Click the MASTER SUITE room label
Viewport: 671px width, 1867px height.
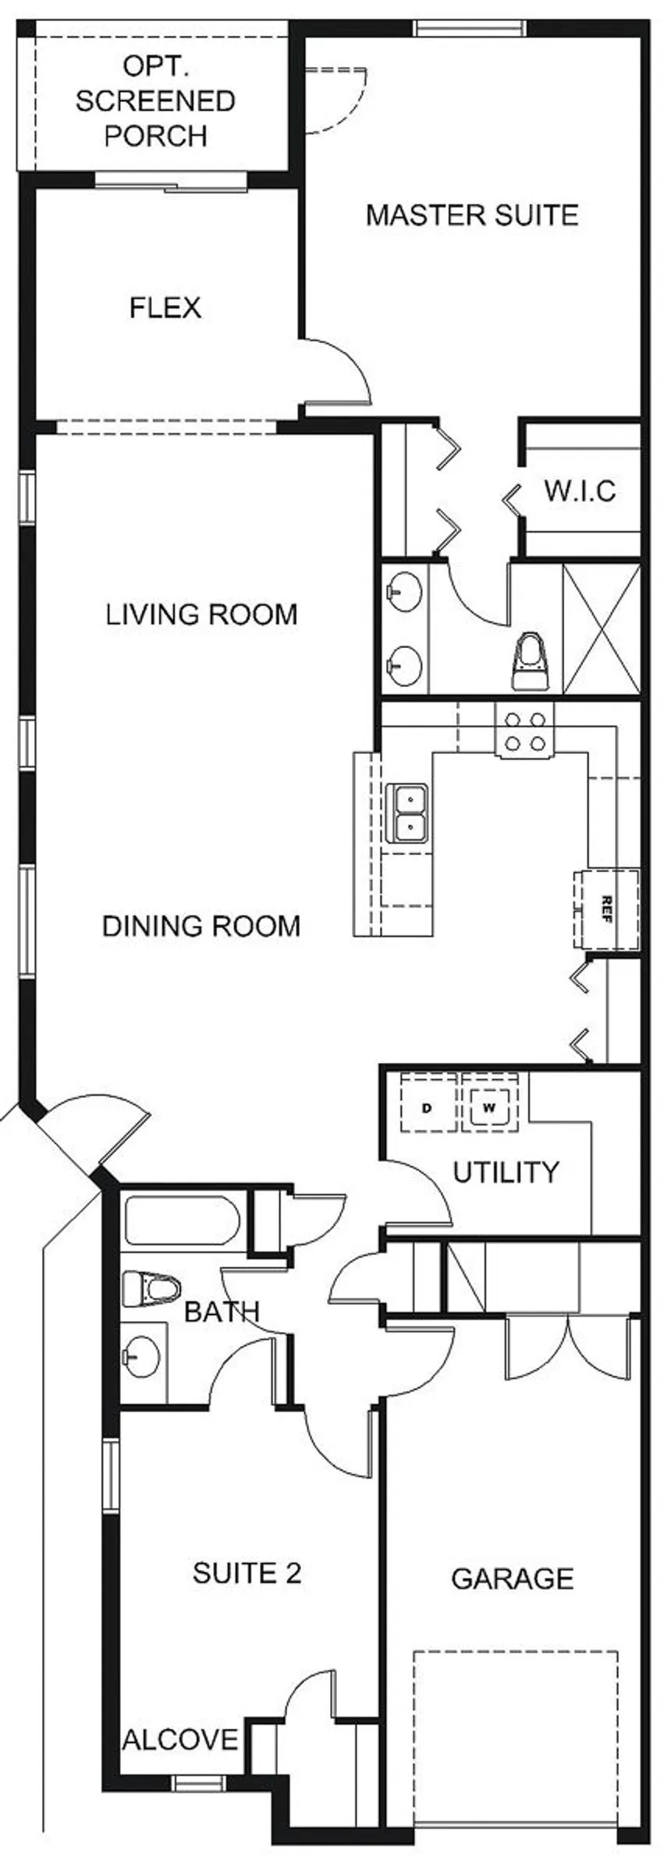(x=472, y=214)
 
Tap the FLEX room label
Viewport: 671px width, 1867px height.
(x=165, y=307)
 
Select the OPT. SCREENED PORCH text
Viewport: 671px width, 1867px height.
(x=155, y=101)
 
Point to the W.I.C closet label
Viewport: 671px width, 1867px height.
(x=580, y=491)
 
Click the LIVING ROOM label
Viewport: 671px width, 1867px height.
(x=202, y=614)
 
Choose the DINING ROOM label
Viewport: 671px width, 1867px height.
(x=202, y=926)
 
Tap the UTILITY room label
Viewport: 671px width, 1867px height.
(x=506, y=1171)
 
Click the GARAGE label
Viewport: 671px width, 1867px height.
(x=513, y=1578)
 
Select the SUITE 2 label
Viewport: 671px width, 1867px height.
(x=247, y=1573)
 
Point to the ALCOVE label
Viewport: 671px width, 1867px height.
(x=180, y=1739)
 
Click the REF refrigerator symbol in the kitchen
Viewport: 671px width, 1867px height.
(x=606, y=909)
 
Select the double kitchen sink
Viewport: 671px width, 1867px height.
(x=407, y=813)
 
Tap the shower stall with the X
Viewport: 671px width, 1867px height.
(x=601, y=629)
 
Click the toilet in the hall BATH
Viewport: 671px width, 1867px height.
(x=153, y=1288)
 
